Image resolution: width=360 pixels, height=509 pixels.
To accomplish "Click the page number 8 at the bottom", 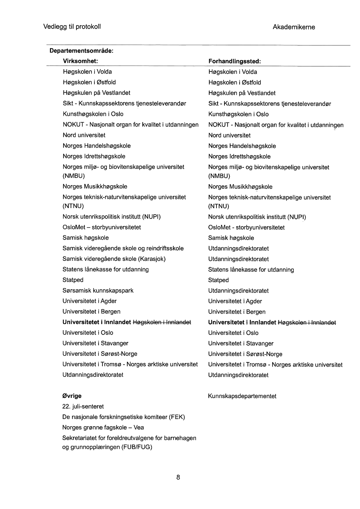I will click(178, 477).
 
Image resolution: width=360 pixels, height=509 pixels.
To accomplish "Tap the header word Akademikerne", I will click(294, 27).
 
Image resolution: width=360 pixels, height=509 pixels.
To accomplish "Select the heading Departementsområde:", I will click(81, 50).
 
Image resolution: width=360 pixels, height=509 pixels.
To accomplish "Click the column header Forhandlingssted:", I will click(235, 61).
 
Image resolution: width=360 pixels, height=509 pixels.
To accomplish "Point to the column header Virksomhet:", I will click(80, 61).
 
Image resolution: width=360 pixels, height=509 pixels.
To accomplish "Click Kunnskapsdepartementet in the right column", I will click(242, 396).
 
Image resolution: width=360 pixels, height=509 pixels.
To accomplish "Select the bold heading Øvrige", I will click(72, 396).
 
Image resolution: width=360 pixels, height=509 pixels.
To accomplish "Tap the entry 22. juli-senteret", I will click(83, 407).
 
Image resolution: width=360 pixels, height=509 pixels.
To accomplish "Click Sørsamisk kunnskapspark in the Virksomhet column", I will click(98, 291).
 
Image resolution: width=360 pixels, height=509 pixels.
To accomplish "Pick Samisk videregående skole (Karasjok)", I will click(114, 259).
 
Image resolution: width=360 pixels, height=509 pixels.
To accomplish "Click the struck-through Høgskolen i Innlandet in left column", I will click(162, 322).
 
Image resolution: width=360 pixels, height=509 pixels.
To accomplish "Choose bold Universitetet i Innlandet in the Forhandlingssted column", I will click(242, 323).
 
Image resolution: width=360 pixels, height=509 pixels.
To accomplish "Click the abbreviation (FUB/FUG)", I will click(137, 447).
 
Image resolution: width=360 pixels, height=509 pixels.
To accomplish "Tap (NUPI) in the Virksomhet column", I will click(151, 217).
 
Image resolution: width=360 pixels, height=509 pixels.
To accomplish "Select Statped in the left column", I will click(73, 280).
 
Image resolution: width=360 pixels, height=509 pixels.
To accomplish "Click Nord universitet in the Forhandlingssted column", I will click(229, 135).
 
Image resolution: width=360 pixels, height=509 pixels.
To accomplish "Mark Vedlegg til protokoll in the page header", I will click(72, 27).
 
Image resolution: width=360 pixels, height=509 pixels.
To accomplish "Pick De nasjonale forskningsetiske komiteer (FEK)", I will click(124, 417).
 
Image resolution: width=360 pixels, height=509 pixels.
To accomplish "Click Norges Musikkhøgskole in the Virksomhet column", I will click(95, 187).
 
